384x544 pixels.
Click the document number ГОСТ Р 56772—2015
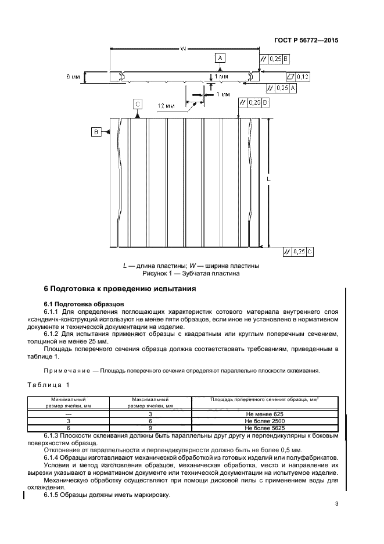(x=306, y=41)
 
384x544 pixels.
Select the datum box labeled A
(x=220, y=58)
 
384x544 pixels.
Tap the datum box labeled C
(x=138, y=104)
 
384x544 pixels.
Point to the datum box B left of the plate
(x=96, y=133)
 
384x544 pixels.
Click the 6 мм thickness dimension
(x=74, y=77)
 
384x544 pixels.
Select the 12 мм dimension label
(x=166, y=106)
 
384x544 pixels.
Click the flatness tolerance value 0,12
(x=303, y=77)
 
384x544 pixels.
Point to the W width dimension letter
(x=183, y=49)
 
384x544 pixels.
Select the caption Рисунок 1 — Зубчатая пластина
(x=191, y=273)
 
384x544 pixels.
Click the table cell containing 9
(x=150, y=427)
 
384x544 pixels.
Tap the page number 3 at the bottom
(x=336, y=504)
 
